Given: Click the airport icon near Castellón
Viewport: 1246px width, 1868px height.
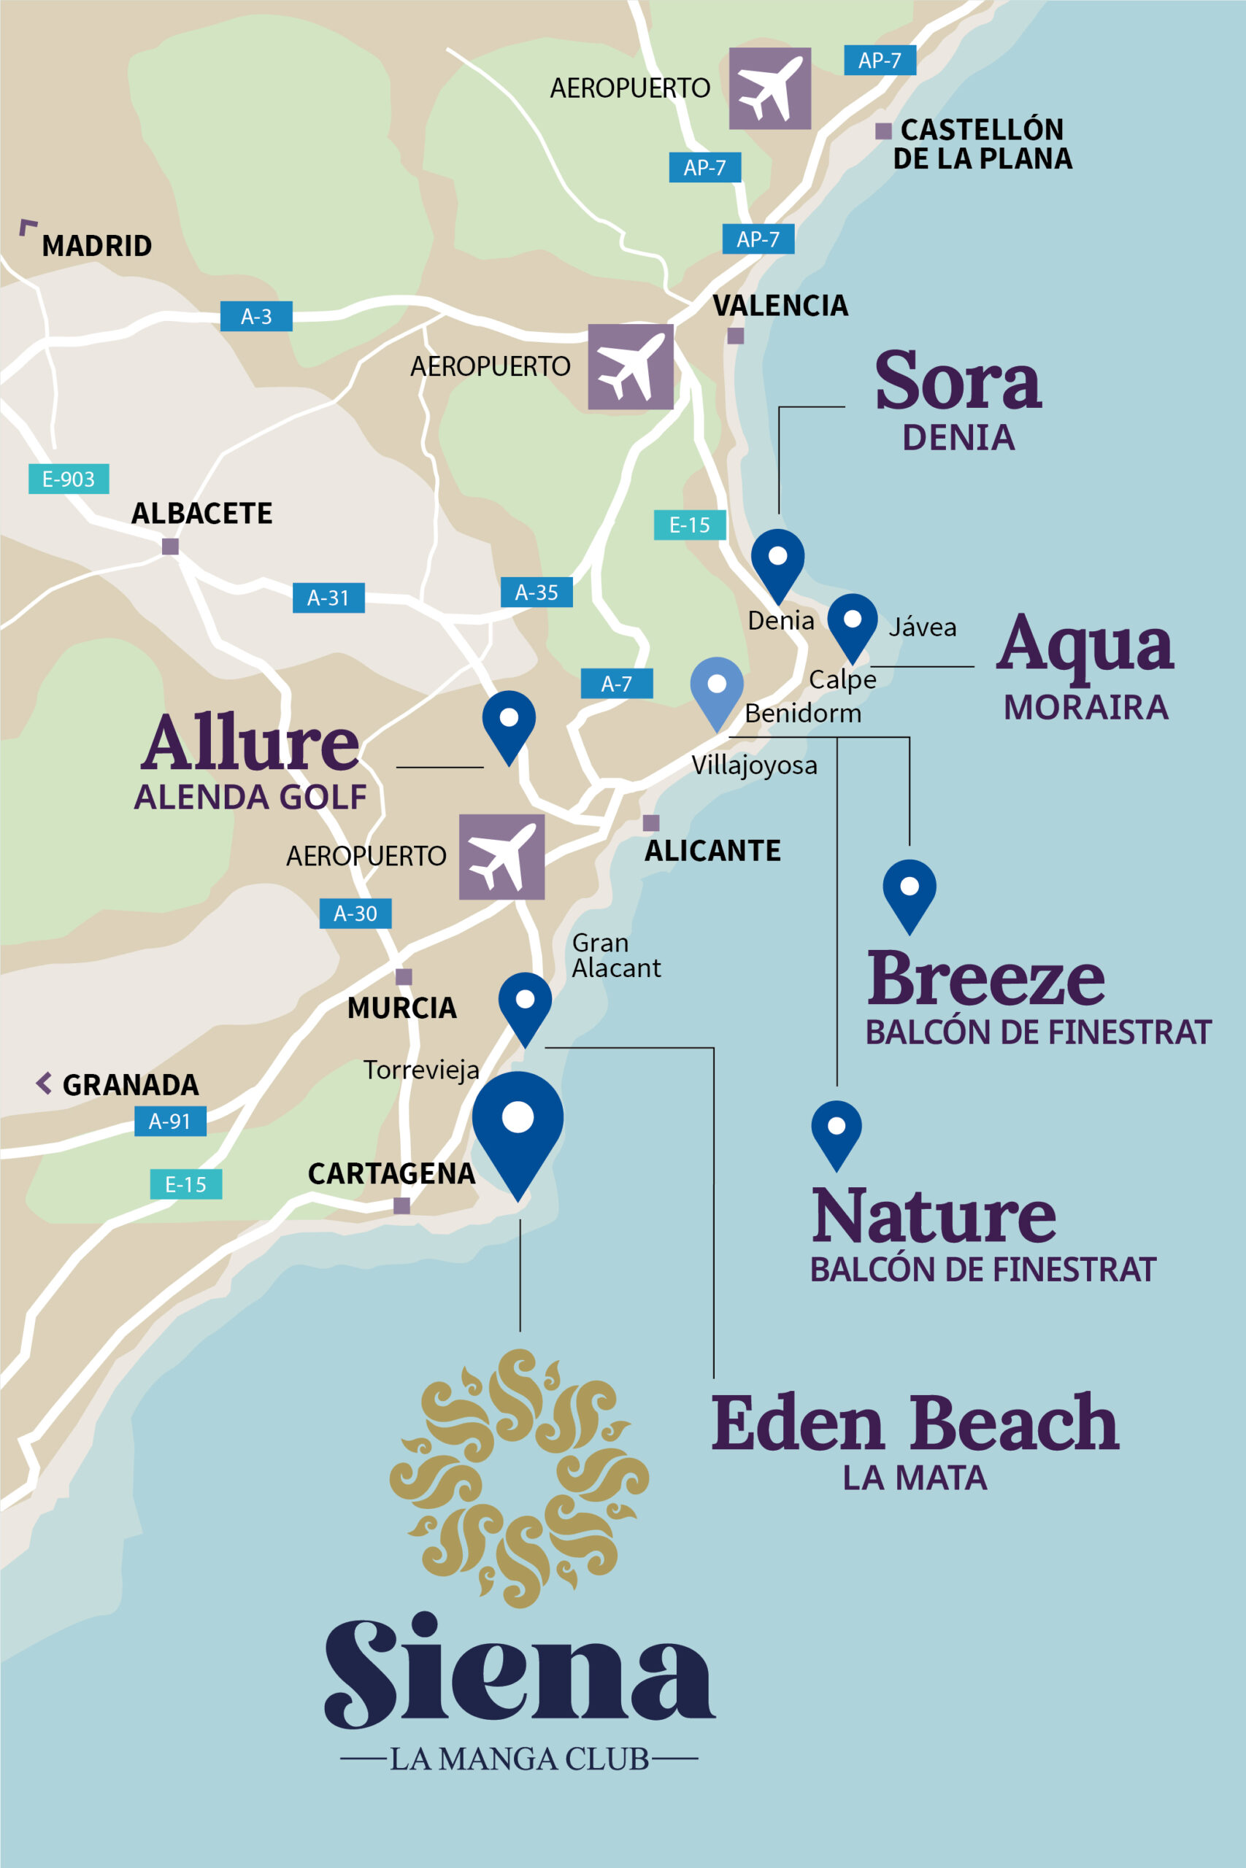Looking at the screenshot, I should [x=769, y=88].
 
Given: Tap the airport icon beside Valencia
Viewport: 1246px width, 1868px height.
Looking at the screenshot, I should [x=630, y=366].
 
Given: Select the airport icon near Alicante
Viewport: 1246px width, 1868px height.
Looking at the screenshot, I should [x=501, y=856].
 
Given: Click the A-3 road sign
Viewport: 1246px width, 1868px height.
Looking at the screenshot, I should [x=256, y=316].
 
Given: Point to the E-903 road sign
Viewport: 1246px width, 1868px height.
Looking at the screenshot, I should [x=69, y=479].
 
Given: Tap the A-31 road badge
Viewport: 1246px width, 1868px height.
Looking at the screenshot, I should [x=328, y=598].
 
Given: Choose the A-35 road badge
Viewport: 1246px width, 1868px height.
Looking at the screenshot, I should [x=537, y=592].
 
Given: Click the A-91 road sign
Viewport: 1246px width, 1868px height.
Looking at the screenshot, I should [x=170, y=1121].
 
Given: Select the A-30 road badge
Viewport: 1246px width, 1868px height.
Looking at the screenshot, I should [x=355, y=914].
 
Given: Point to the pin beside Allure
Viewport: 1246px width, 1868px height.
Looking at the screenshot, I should [x=509, y=722].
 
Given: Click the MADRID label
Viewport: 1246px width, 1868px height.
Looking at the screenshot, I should [x=96, y=245].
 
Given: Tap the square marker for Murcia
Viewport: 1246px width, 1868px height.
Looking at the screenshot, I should [x=404, y=977].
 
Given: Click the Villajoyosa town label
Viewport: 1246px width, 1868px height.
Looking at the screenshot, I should [x=753, y=765].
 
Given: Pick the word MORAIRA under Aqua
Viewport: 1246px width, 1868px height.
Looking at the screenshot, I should [x=1085, y=707].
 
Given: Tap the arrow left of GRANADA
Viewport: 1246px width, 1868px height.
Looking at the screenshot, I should [x=45, y=1083].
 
